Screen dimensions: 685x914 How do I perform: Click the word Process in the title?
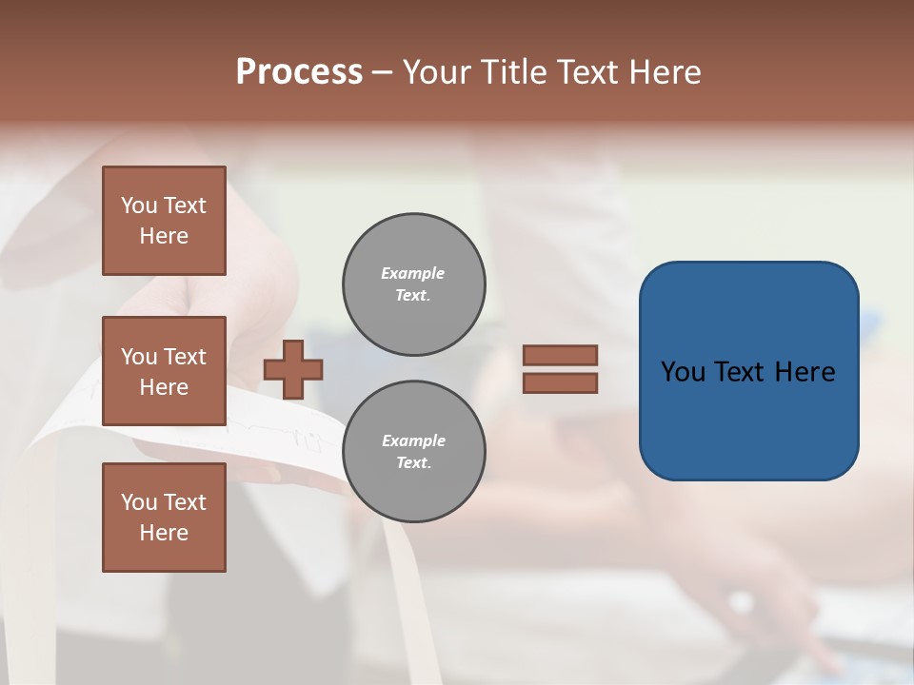click(x=299, y=72)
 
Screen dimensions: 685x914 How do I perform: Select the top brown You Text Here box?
click(x=164, y=221)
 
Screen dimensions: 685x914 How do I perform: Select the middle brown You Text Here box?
click(x=164, y=371)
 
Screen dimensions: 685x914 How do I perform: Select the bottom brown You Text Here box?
click(x=164, y=517)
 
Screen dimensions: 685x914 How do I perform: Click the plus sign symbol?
click(x=293, y=369)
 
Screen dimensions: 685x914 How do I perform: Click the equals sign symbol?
click(x=560, y=369)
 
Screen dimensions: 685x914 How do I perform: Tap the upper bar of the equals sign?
click(x=560, y=356)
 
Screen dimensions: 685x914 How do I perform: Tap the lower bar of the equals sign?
click(x=560, y=382)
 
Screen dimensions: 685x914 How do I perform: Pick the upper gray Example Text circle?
click(x=413, y=284)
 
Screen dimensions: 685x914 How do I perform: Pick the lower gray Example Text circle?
click(x=413, y=451)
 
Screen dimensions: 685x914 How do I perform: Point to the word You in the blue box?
click(x=683, y=372)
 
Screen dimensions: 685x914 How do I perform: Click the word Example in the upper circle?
click(x=413, y=273)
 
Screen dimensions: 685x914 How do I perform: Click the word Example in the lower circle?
click(x=413, y=440)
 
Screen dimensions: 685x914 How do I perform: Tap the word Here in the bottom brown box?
click(x=164, y=533)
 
